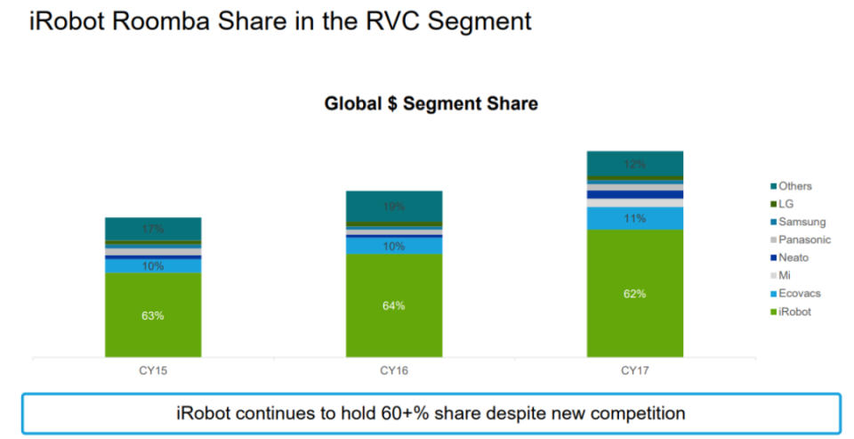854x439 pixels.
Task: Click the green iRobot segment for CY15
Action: pyautogui.click(x=152, y=315)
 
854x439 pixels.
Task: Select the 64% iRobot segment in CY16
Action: pyautogui.click(x=393, y=305)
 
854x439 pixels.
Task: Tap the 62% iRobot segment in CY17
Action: pyautogui.click(x=634, y=293)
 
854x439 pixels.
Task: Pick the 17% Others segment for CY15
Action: pyautogui.click(x=152, y=229)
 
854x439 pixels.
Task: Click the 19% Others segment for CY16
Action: pyautogui.click(x=393, y=207)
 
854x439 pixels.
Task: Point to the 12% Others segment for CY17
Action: pyautogui.click(x=634, y=165)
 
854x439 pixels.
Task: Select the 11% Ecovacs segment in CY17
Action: pyautogui.click(x=634, y=218)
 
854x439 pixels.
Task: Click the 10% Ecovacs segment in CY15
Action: pyautogui.click(x=152, y=265)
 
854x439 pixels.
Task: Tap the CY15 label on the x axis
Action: pyautogui.click(x=152, y=369)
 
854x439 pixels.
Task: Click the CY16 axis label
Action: pyautogui.click(x=393, y=369)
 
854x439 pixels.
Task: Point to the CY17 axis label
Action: pyautogui.click(x=634, y=369)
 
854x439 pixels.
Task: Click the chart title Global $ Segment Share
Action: pyautogui.click(x=431, y=104)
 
